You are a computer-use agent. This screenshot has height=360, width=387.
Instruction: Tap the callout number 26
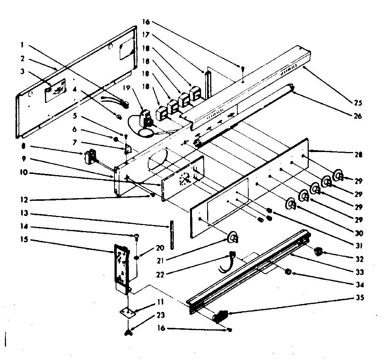click(x=357, y=116)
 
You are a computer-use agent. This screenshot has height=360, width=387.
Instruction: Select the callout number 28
click(x=357, y=155)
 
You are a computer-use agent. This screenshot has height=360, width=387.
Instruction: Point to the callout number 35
click(x=357, y=298)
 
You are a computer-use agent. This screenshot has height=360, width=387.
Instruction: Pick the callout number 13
click(x=23, y=215)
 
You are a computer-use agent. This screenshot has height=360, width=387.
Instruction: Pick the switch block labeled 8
click(x=90, y=156)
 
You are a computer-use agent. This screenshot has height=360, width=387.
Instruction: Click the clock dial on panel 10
click(x=185, y=178)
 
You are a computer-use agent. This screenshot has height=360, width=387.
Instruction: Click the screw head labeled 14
click(x=137, y=237)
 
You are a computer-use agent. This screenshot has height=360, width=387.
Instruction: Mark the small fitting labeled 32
click(x=319, y=251)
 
